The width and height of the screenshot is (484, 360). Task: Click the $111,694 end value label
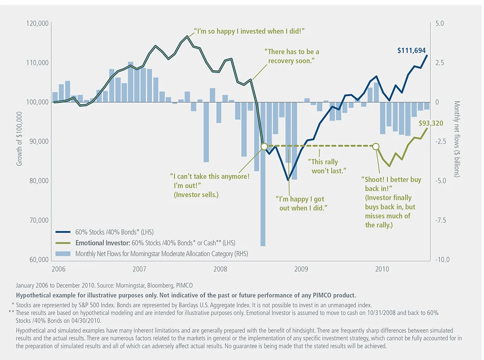411,51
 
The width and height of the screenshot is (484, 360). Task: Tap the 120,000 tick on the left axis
37,23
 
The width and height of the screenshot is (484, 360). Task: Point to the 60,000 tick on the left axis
38,260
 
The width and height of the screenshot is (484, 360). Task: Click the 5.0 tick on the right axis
440,23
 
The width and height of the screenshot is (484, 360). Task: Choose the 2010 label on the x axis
381,269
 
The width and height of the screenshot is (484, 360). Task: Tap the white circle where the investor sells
264,146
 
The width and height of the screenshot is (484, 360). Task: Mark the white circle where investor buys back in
376,146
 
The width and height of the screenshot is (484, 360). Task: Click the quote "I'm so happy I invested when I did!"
249,32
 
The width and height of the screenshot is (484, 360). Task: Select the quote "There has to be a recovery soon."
292,56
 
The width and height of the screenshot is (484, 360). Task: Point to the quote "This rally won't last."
326,166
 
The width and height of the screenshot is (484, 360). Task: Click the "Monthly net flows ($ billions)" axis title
457,139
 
